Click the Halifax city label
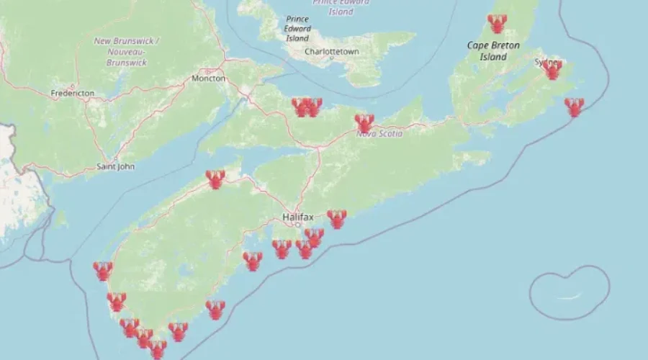pyautogui.click(x=297, y=216)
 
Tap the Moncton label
pyautogui.click(x=209, y=78)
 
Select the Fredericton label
pyautogui.click(x=73, y=94)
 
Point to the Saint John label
pyautogui.click(x=115, y=167)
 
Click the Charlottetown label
pyautogui.click(x=331, y=53)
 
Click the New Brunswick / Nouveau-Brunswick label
pyautogui.click(x=128, y=51)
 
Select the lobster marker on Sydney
pyautogui.click(x=552, y=70)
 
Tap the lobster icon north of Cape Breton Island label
pyautogui.click(x=497, y=24)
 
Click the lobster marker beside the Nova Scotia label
pyautogui.click(x=364, y=123)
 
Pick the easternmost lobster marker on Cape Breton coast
pyautogui.click(x=574, y=107)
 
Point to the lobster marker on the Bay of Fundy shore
pyautogui.click(x=215, y=179)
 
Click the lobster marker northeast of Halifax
pyautogui.click(x=336, y=218)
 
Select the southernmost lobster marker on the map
pyautogui.click(x=157, y=349)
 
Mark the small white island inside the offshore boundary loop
pyautogui.click(x=570, y=296)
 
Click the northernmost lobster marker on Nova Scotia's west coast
pyautogui.click(x=103, y=271)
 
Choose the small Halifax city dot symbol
pyautogui.click(x=297, y=225)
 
